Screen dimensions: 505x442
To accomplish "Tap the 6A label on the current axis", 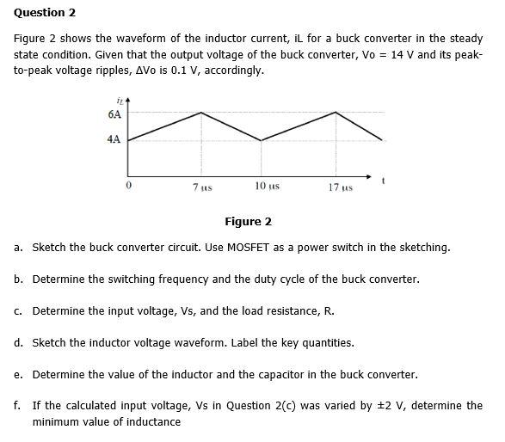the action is pos(114,114).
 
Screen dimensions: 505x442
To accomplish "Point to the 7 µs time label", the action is pos(203,187).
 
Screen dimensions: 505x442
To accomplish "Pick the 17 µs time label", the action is pos(342,187).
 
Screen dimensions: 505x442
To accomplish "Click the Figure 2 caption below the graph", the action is pos(248,222).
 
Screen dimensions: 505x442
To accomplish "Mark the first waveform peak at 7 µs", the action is pos(202,112).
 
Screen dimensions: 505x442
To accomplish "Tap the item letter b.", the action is pos(18,279).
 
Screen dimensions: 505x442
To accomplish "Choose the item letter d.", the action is pos(18,343).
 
